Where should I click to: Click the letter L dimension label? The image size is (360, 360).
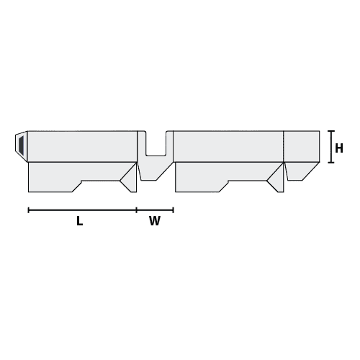coord(79,222)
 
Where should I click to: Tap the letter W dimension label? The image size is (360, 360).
coord(155,222)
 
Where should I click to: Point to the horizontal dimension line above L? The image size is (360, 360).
coord(81,210)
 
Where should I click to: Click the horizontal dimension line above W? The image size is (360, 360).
coord(155,210)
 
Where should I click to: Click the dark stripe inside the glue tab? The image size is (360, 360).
coord(21,147)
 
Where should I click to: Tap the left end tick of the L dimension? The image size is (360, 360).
coord(28,210)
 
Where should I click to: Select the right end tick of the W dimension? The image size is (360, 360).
coord(174,210)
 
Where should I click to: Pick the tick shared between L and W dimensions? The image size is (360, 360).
coord(137,210)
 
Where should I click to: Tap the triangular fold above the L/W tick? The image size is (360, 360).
coord(130,179)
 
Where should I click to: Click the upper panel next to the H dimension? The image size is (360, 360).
coord(302,147)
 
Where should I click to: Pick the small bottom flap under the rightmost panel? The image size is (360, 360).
coord(298,170)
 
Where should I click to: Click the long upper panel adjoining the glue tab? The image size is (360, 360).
coord(81,147)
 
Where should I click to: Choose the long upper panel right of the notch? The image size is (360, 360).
coord(228,147)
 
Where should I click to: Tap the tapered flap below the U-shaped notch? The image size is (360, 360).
coord(155,171)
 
